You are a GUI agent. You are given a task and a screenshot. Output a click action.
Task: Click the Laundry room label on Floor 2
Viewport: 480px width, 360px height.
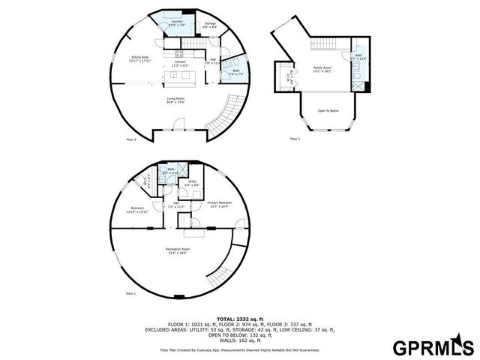(177, 23)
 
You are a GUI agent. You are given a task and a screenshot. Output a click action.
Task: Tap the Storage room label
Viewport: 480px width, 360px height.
(211, 25)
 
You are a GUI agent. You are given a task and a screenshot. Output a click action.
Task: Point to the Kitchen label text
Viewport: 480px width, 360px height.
(180, 64)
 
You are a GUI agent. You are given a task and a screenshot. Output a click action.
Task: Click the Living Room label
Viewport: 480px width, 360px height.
(176, 100)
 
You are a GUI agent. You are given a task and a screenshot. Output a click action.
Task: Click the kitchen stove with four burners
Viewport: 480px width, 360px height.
(178, 53)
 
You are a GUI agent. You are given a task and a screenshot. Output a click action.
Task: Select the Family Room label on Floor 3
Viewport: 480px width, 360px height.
(322, 70)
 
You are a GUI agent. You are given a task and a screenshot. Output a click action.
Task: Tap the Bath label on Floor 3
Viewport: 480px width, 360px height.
(358, 57)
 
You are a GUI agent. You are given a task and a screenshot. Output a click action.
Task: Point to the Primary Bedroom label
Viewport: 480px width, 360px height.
(219, 204)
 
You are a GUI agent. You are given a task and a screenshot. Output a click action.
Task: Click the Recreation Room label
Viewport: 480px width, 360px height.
(178, 250)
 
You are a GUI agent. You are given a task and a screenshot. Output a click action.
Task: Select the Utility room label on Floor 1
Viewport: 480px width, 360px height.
(192, 183)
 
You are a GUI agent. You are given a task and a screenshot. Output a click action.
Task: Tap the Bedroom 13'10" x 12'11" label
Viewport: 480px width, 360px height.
(137, 210)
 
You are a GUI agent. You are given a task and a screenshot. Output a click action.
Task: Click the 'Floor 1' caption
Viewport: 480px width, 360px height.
(130, 292)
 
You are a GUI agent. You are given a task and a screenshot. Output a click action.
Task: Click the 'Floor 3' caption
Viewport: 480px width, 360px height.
(295, 139)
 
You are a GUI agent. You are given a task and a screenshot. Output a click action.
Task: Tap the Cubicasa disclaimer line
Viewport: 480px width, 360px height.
(239, 350)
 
